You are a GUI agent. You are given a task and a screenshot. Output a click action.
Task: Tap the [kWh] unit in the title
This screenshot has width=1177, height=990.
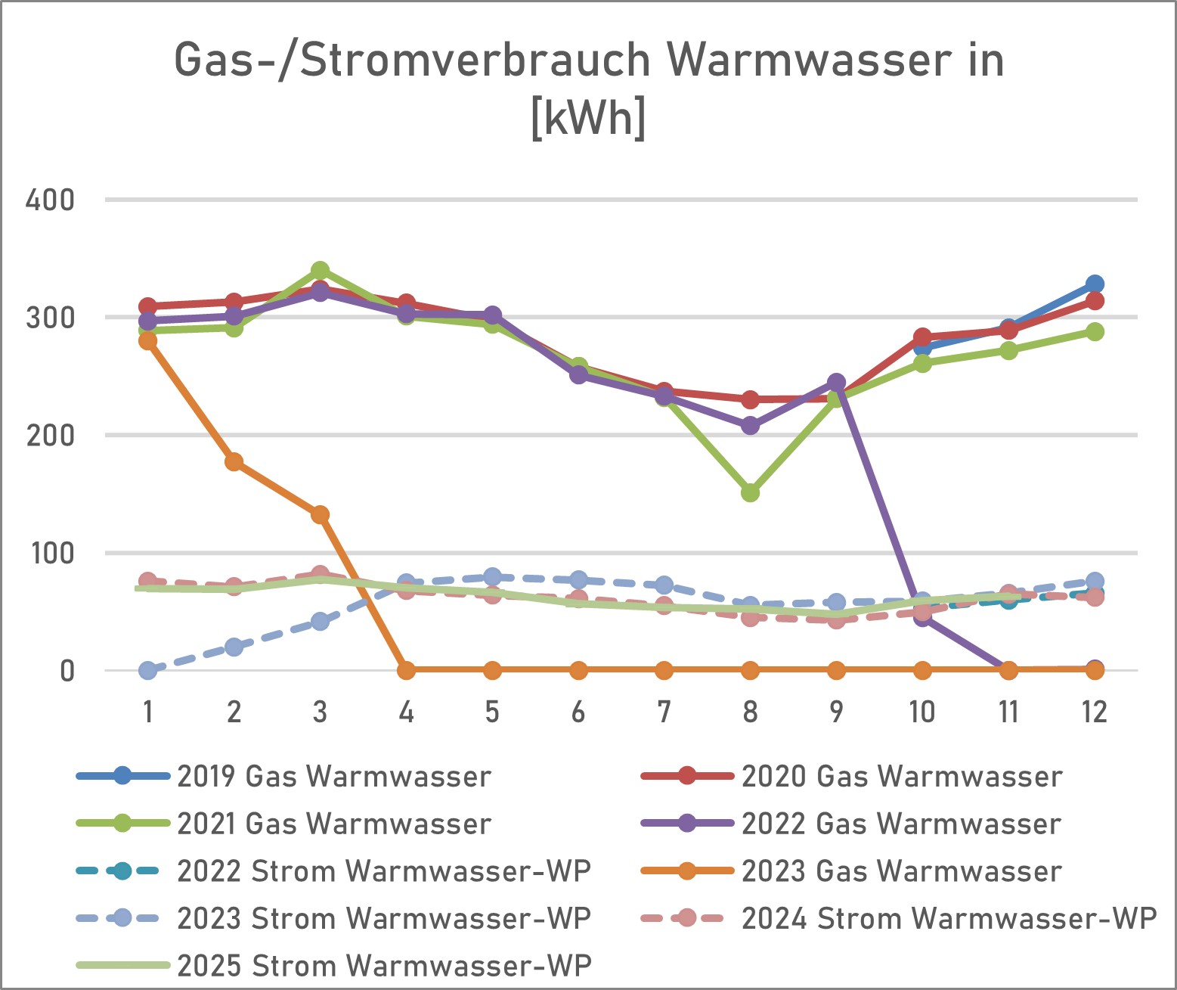pyautogui.click(x=588, y=117)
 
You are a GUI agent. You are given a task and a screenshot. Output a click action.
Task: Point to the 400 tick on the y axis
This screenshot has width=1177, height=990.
pyautogui.click(x=50, y=200)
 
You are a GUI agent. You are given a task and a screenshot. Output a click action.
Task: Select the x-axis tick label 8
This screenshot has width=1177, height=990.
pyautogui.click(x=750, y=712)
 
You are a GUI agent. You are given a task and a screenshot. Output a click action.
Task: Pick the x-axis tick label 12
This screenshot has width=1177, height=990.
pyautogui.click(x=1094, y=712)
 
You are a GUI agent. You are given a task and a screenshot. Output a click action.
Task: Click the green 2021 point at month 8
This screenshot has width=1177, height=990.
pyautogui.click(x=750, y=493)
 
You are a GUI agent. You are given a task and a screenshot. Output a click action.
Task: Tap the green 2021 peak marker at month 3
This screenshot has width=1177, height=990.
pyautogui.click(x=320, y=271)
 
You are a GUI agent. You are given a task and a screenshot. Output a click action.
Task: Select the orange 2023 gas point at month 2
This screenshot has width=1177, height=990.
pyautogui.click(x=234, y=461)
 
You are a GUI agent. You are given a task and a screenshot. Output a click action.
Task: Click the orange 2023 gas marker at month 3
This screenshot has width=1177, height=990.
pyautogui.click(x=320, y=515)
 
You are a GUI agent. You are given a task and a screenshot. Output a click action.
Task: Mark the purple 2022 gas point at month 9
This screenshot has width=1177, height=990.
pyautogui.click(x=836, y=383)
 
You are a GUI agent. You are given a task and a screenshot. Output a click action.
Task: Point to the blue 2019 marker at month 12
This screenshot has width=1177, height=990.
pyautogui.click(x=1094, y=284)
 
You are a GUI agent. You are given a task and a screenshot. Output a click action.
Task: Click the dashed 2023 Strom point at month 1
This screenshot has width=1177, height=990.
pyautogui.click(x=148, y=670)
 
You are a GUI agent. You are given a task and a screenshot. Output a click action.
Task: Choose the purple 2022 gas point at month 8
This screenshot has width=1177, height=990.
pyautogui.click(x=750, y=426)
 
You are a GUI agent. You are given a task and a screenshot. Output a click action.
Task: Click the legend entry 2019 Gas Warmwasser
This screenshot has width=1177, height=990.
pyautogui.click(x=333, y=777)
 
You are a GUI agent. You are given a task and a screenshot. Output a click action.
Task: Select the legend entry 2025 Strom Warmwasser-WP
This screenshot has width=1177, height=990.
pyautogui.click(x=383, y=966)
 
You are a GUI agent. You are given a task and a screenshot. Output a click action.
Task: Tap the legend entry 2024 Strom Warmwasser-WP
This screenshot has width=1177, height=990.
pyautogui.click(x=948, y=919)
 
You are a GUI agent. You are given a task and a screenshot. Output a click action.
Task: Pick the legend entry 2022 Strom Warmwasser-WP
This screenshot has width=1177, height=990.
pyautogui.click(x=383, y=871)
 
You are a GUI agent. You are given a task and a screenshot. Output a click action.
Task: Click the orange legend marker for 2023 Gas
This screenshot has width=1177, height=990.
pyautogui.click(x=686, y=871)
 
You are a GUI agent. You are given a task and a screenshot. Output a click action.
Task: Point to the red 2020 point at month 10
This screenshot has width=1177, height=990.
pyautogui.click(x=922, y=337)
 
